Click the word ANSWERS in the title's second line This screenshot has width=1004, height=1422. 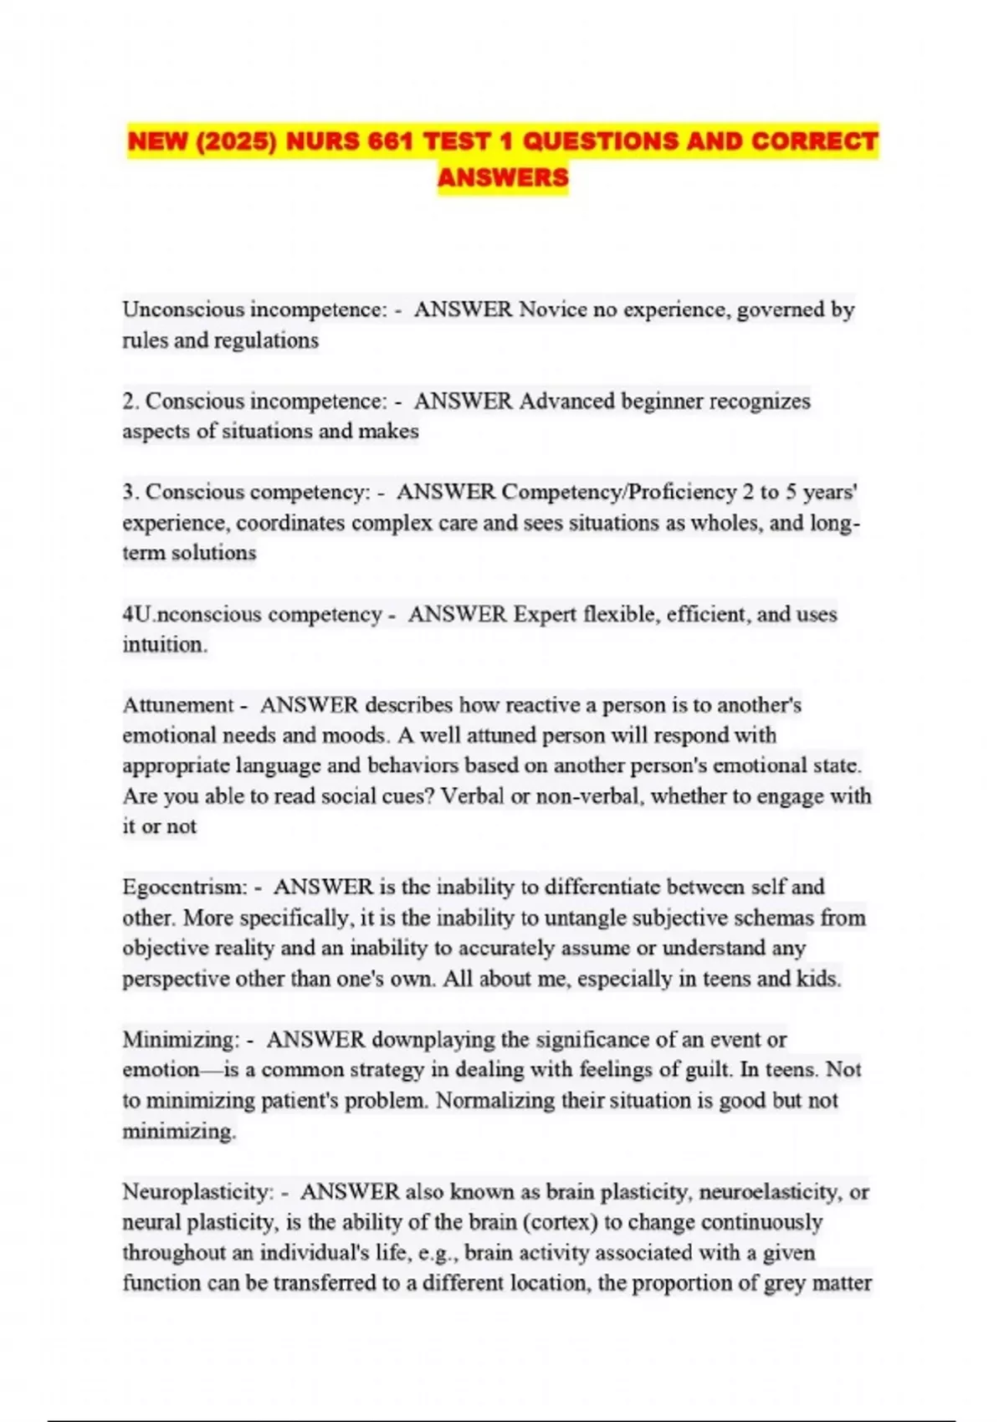click(503, 177)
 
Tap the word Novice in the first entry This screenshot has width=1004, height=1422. click(553, 309)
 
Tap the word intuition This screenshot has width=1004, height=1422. click(164, 645)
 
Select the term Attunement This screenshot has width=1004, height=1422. click(178, 705)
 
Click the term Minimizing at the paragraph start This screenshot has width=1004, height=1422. click(181, 1040)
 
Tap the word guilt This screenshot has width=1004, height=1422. click(702, 1070)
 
